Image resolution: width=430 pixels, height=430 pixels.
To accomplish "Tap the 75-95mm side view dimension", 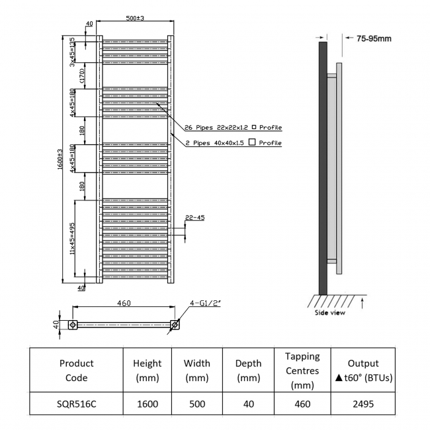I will (374, 38).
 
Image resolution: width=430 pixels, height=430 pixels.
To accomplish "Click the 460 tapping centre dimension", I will (124, 303).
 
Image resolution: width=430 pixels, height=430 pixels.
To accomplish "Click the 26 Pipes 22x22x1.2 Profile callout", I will (230, 127).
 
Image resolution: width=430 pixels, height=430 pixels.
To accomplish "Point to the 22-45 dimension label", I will (195, 217).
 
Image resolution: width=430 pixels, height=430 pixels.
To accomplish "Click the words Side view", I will (330, 313).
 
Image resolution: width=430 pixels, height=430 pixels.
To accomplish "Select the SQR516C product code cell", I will (76, 401).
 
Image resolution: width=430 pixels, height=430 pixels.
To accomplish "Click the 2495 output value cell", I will (363, 401).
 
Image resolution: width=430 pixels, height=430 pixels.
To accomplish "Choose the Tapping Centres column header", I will (302, 370).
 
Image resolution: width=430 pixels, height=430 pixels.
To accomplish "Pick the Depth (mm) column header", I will (248, 370).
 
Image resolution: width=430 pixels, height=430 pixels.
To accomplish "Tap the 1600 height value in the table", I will (147, 401).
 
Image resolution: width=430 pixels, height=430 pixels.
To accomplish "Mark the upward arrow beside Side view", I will (365, 304).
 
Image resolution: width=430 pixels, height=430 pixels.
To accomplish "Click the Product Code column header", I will (76, 370).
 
